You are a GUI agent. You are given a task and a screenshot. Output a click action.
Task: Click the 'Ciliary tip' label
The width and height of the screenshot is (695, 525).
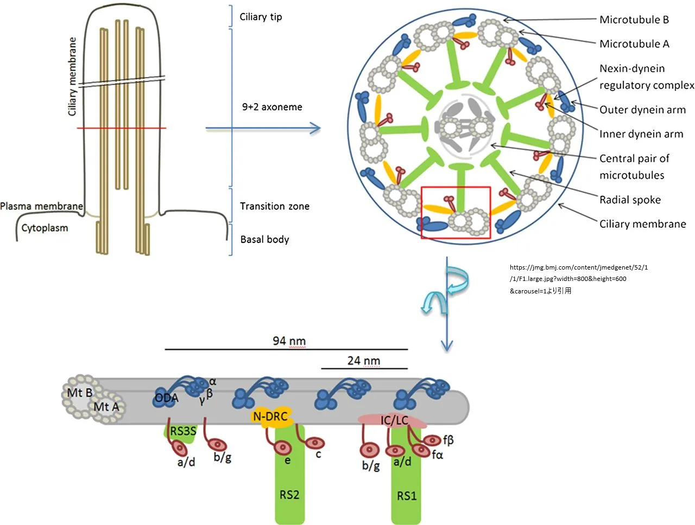pos(261,17)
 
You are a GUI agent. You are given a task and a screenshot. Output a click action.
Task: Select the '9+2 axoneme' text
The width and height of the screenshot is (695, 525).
pos(272,107)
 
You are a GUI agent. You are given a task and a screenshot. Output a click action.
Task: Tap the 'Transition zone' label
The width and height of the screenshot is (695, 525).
pos(275,206)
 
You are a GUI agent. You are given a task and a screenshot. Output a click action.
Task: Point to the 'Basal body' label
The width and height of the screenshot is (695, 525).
pos(264,239)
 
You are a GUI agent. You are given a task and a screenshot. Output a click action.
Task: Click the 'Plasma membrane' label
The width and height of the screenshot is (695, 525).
pos(41,206)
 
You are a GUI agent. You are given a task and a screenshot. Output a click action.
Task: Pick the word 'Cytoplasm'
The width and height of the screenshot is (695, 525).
pos(45,228)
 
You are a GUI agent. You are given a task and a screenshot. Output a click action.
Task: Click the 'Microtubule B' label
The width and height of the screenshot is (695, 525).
pos(634,20)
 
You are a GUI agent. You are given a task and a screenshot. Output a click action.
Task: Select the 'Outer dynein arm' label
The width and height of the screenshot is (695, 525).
pos(642,110)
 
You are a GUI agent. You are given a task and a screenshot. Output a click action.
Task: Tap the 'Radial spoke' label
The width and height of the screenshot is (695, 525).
pos(630,200)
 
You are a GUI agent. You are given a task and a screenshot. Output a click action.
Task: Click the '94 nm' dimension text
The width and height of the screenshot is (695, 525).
pos(289,341)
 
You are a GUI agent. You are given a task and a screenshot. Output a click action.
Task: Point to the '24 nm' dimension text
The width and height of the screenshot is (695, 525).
pos(364,361)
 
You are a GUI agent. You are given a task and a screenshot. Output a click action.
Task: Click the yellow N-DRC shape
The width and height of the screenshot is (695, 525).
pos(271,417)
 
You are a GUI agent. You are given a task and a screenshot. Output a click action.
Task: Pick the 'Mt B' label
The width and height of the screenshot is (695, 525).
pos(79,393)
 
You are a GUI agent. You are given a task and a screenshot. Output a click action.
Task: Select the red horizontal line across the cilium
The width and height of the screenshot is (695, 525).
pos(121,128)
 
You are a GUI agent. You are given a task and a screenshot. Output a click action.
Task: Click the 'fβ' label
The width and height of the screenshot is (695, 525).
pos(448,440)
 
